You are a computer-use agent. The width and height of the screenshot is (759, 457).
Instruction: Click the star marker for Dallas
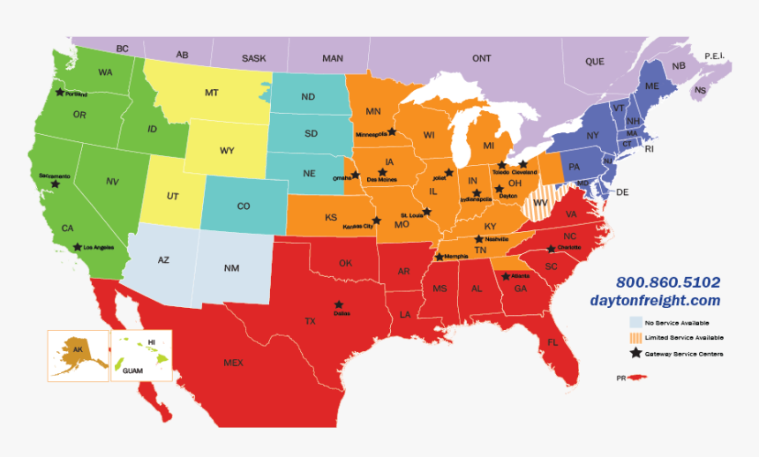338,304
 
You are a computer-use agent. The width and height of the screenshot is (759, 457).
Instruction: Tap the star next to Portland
60,91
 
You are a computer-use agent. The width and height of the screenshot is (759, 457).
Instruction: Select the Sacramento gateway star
56,184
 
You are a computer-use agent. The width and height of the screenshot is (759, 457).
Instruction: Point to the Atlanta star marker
505,276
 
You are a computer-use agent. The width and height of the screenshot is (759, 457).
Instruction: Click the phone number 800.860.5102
668,283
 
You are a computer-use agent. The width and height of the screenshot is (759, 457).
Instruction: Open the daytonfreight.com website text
667,301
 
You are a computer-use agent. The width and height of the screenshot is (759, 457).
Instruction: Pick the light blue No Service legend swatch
635,323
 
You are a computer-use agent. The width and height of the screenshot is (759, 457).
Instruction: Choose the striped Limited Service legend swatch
635,338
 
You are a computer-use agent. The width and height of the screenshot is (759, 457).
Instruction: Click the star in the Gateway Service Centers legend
635,354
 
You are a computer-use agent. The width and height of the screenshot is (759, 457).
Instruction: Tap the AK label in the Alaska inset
79,349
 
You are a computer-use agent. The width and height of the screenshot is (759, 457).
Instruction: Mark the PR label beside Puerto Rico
620,378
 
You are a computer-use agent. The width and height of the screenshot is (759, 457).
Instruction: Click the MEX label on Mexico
233,363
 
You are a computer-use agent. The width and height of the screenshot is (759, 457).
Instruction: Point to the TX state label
310,321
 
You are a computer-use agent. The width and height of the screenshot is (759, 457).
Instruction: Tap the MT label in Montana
212,93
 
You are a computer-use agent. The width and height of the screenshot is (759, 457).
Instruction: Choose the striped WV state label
542,204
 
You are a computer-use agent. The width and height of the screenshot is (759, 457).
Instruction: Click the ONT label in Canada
481,58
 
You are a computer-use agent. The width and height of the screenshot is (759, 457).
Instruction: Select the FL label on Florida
552,342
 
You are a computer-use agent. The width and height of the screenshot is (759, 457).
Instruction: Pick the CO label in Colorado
244,206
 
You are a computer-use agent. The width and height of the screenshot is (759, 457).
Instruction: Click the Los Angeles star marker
78,247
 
